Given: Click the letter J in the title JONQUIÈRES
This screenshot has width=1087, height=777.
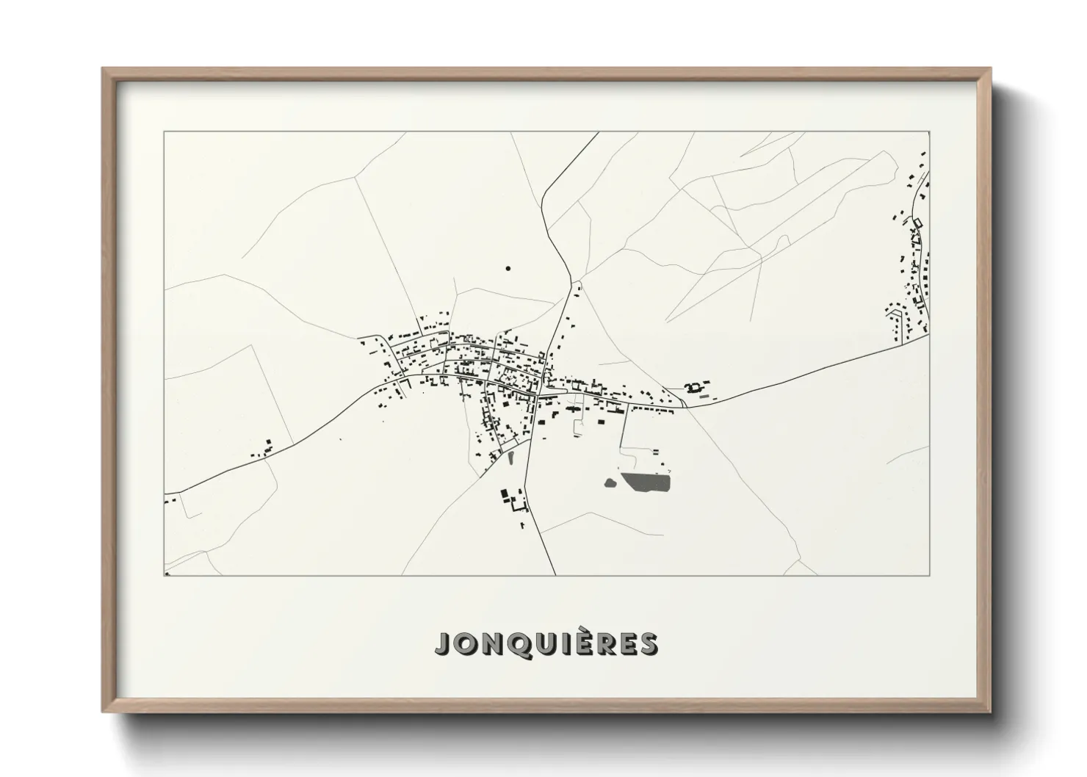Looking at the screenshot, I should click(x=444, y=644).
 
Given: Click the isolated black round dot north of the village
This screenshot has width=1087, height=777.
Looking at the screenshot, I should click(x=508, y=269).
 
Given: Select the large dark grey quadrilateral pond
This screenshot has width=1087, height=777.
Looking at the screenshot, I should click(x=646, y=483).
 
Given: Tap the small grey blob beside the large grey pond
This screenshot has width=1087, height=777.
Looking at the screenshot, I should click(x=610, y=483).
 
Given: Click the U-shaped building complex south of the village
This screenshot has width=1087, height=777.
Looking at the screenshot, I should click(x=516, y=502).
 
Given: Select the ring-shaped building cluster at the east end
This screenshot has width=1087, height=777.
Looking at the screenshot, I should click(x=691, y=386).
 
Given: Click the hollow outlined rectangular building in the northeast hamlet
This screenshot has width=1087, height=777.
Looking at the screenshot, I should click(x=917, y=222).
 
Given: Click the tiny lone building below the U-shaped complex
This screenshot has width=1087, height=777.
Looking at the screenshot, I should click(x=522, y=525).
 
